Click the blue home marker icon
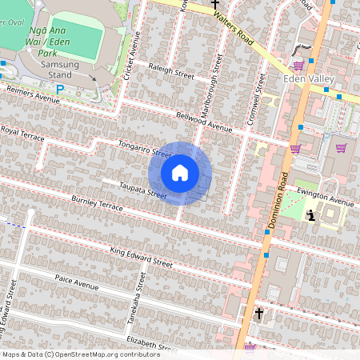pos(180,172)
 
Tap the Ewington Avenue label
pos(325,198)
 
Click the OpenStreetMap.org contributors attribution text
pos(105,354)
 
